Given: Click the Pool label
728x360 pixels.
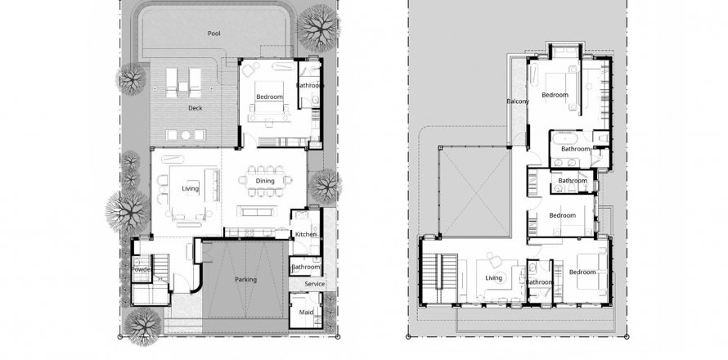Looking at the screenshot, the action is tap(214, 34).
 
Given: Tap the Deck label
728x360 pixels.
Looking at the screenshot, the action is tap(195, 108).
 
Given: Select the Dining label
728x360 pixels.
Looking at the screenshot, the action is tap(265, 181).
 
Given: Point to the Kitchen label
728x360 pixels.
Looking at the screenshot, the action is tap(306, 235).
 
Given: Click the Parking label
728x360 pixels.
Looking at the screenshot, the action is tap(245, 280).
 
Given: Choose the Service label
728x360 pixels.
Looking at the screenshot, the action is tap(315, 284).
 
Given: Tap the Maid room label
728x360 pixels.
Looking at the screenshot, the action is tap(306, 313).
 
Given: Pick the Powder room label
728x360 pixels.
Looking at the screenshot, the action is tap(142, 269).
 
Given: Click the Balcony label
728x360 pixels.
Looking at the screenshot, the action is tap(518, 101).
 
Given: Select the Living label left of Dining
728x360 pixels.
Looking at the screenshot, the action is tap(191, 189).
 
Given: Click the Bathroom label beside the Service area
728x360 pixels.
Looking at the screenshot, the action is tap(306, 267).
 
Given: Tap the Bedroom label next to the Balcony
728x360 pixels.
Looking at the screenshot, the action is tap(555, 95).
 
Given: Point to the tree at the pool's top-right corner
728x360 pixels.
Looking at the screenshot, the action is tap(318, 27).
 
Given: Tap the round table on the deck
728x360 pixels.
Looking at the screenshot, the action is tap(186, 135).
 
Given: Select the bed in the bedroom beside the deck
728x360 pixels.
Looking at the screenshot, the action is tap(269, 101).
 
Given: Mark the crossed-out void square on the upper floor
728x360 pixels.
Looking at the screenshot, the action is tap(474, 191).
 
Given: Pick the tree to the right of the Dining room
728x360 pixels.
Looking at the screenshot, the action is tap(325, 187).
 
